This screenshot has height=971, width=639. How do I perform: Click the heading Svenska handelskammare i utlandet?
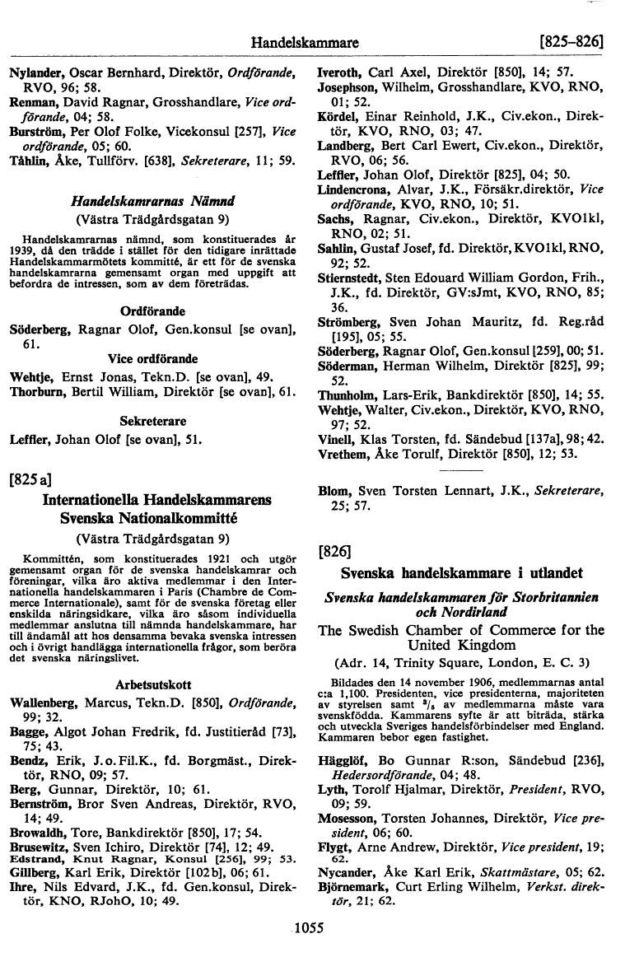click(462, 572)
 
